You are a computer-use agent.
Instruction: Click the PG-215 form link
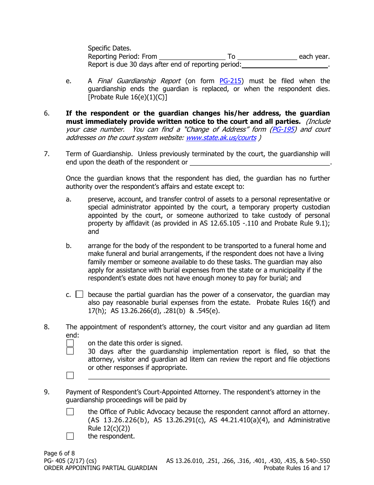point(230,81)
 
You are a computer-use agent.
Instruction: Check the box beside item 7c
point(80,294)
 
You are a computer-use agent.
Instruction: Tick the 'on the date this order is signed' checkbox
point(70,343)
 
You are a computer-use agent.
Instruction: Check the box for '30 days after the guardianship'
point(70,351)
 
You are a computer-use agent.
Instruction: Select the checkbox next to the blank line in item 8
point(70,375)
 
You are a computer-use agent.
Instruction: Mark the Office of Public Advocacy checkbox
point(70,412)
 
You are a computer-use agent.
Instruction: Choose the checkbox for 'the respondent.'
point(70,436)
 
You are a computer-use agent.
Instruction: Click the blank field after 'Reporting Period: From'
point(192,57)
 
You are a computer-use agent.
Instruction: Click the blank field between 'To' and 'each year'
point(267,57)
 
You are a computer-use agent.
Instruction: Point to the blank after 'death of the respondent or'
point(260,162)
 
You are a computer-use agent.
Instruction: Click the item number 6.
point(47,114)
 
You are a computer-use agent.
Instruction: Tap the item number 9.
point(47,392)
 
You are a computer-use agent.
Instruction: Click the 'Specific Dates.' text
point(109,48)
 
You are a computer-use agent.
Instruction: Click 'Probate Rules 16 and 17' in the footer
point(296,468)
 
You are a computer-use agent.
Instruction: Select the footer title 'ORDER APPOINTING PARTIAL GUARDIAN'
point(101,468)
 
